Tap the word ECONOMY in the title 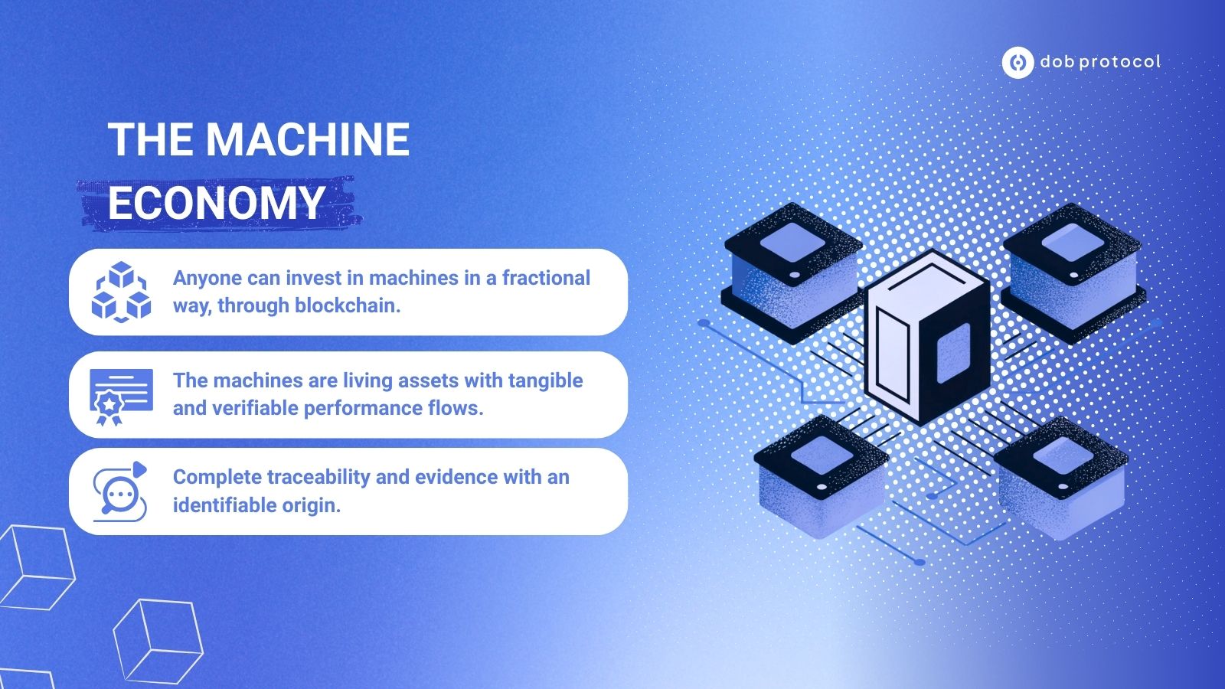tap(216, 203)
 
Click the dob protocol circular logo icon tap(1018, 62)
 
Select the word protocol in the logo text tap(1121, 62)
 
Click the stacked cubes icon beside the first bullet tap(121, 292)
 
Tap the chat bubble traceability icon tap(120, 491)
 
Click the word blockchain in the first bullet tap(348, 305)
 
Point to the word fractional tap(547, 278)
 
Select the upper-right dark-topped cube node tap(1073, 272)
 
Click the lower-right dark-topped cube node tap(1061, 477)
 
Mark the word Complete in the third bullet tap(217, 478)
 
